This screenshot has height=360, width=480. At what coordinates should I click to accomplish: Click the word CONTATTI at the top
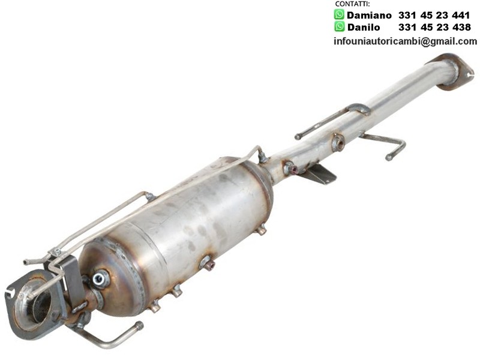coord(352,4)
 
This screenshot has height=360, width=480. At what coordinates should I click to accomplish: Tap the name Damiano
coord(369,15)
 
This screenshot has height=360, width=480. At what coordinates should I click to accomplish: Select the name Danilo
coord(364,27)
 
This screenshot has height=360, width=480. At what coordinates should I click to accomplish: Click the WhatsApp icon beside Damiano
coord(339,14)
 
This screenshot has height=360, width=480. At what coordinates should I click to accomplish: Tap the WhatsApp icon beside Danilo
coord(339,26)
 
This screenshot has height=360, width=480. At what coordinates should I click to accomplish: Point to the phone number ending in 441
coord(434,15)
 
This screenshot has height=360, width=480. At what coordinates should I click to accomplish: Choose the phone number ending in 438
coord(434,27)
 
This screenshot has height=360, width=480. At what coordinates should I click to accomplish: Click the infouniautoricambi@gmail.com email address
coord(406,41)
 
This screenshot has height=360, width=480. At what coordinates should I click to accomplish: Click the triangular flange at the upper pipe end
coord(455,72)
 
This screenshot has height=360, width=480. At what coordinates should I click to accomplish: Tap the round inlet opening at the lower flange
coord(41,306)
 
